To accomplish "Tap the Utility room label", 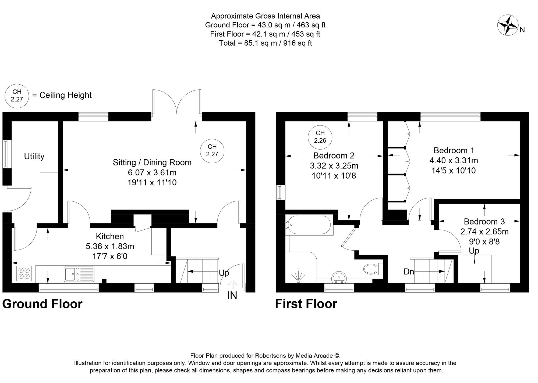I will pyautogui.click(x=34, y=156).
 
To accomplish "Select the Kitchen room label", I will pyautogui.click(x=110, y=236).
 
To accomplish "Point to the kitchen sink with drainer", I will pyautogui.click(x=79, y=274).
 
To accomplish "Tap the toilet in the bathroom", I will pyautogui.click(x=373, y=268).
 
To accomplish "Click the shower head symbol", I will pyautogui.click(x=298, y=276).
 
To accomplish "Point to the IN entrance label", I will pyautogui.click(x=232, y=296).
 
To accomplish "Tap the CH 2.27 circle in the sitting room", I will pyautogui.click(x=212, y=150).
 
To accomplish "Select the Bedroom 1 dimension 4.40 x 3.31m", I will pyautogui.click(x=454, y=161).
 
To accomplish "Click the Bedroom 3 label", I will pyautogui.click(x=484, y=222).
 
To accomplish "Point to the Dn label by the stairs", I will pyautogui.click(x=409, y=272).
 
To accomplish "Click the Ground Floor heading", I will pyautogui.click(x=42, y=304).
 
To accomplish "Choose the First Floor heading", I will pyautogui.click(x=306, y=304).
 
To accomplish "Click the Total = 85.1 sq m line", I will pyautogui.click(x=265, y=43).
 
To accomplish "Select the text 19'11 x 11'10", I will pyautogui.click(x=152, y=183).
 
